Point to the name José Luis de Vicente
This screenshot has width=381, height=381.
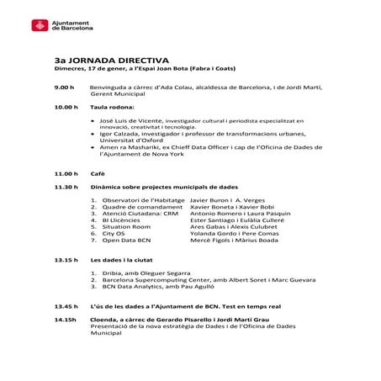click(134, 121)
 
